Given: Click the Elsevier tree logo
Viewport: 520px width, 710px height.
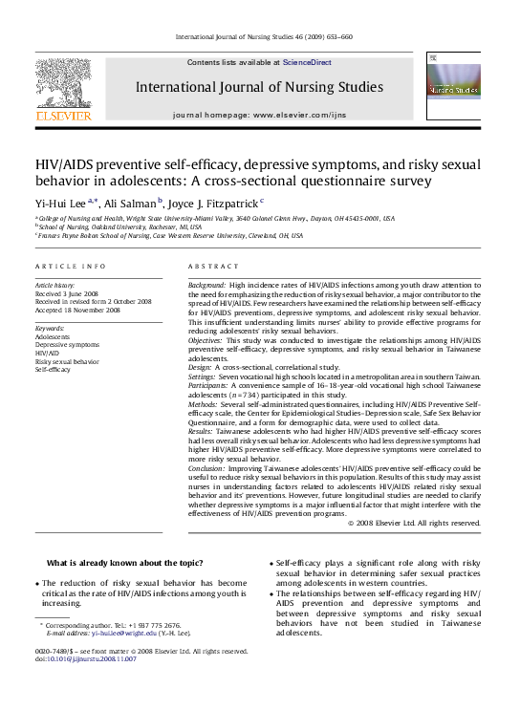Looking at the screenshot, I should (64, 84).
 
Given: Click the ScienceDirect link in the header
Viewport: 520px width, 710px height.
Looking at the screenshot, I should (307, 62).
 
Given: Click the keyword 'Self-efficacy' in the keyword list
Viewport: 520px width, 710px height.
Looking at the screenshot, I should (54, 370).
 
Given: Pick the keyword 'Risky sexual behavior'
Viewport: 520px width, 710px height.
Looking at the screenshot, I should (67, 362).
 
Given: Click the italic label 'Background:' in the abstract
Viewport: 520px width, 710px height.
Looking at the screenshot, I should (207, 286).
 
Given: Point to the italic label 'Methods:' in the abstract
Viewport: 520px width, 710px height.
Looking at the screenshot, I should (204, 404).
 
